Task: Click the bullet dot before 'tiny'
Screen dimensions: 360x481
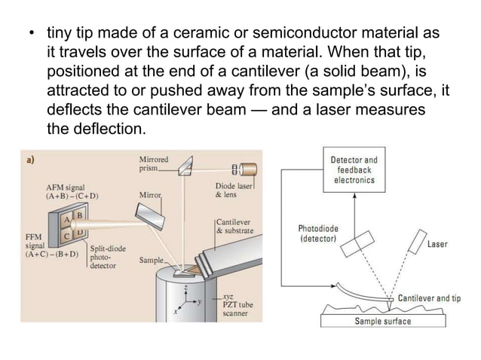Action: click(31, 35)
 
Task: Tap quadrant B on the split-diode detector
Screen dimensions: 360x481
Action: click(78, 216)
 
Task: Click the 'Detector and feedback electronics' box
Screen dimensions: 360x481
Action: click(354, 170)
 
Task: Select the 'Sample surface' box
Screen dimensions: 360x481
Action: click(383, 322)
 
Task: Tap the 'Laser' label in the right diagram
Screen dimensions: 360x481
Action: click(437, 245)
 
